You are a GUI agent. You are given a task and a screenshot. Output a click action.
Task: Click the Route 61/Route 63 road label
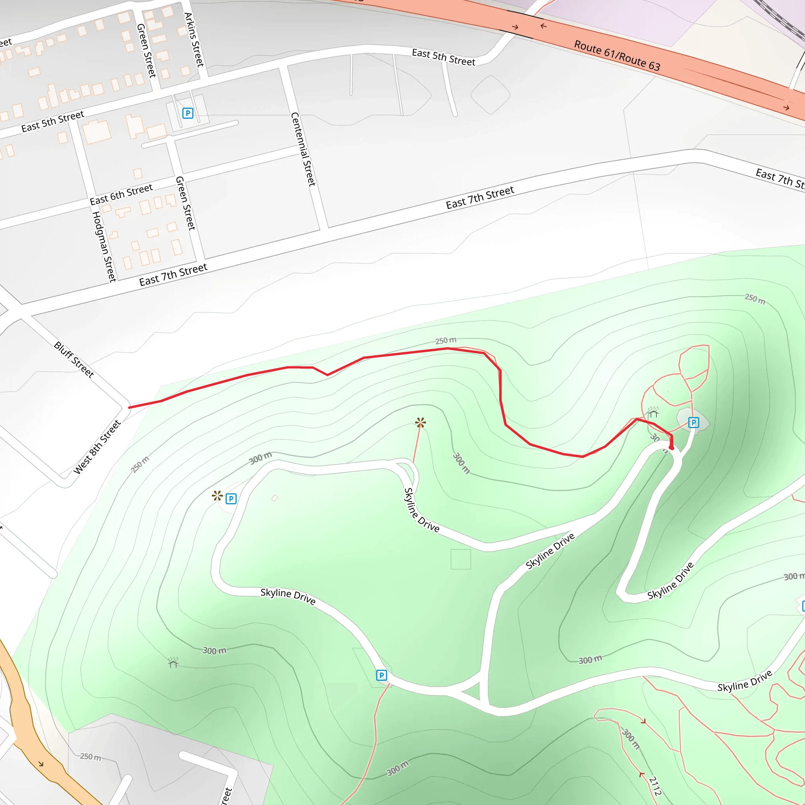[x=617, y=56]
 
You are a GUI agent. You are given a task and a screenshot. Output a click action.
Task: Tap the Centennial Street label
[x=303, y=149]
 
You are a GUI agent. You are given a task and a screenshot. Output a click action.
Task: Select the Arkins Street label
[x=194, y=40]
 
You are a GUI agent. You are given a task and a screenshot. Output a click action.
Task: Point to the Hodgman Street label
[x=104, y=247]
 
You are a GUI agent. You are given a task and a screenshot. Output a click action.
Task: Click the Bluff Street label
[x=74, y=360]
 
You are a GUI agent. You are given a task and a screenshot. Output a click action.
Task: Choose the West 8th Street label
[x=97, y=447]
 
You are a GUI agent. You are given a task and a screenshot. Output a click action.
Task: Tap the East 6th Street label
[x=121, y=195]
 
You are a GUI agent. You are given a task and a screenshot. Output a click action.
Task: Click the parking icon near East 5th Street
[x=187, y=113]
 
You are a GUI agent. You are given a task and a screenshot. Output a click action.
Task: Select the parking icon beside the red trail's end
[x=693, y=423]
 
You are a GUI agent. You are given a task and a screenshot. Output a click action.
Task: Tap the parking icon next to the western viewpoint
[x=231, y=499]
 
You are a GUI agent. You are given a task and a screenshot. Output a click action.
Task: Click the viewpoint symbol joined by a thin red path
[x=421, y=423]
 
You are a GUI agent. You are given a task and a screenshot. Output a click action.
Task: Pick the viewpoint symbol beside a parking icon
[x=217, y=496]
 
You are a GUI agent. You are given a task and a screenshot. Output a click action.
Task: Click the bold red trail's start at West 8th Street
[x=130, y=407]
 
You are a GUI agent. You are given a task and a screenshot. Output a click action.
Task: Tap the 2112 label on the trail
[x=655, y=786]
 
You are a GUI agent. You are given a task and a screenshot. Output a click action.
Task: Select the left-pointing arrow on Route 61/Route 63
[x=543, y=26]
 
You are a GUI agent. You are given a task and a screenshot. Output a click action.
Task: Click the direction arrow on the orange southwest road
[x=41, y=764]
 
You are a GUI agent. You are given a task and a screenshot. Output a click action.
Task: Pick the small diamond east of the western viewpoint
[x=275, y=498]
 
